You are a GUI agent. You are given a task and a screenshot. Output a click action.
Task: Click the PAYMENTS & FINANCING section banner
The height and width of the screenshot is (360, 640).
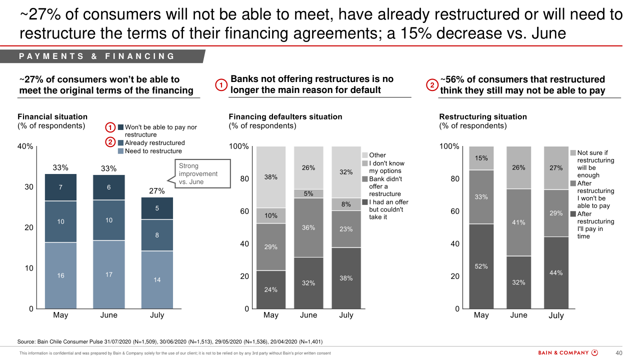pyautogui.click(x=97, y=56)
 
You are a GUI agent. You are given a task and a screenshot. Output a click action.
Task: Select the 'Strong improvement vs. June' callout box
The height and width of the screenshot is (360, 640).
pyautogui.click(x=202, y=173)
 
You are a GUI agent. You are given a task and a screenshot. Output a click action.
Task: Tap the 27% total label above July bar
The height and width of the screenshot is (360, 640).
pyautogui.click(x=157, y=191)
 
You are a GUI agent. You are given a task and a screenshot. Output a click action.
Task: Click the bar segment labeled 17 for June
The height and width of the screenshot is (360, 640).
pyautogui.click(x=108, y=274)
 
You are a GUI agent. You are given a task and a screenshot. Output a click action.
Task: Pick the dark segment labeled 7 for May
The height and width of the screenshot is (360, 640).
pyautogui.click(x=60, y=187)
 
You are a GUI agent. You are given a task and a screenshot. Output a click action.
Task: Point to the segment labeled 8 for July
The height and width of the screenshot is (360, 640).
pyautogui.click(x=157, y=235)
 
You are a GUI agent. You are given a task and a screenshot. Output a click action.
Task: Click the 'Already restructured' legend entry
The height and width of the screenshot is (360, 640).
pyautogui.click(x=154, y=143)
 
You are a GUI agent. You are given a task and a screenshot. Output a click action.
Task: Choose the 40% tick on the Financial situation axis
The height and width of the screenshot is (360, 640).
pyautogui.click(x=25, y=146)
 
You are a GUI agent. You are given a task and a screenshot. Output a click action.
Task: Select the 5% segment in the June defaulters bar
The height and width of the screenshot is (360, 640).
pyautogui.click(x=308, y=193)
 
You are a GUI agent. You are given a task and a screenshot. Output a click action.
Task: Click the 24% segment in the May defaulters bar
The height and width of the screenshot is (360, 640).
pyautogui.click(x=271, y=289)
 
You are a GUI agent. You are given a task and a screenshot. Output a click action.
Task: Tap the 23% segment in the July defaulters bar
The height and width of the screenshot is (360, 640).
pyautogui.click(x=346, y=229)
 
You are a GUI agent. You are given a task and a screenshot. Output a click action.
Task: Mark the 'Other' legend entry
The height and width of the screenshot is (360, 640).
pyautogui.click(x=377, y=155)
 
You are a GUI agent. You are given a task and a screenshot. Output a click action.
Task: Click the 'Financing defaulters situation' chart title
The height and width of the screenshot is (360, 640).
pyautogui.click(x=285, y=116)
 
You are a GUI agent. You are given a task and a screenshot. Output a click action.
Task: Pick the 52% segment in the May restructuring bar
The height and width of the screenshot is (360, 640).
pyautogui.click(x=481, y=266)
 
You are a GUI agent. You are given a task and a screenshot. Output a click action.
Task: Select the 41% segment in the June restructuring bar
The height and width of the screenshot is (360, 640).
pyautogui.click(x=518, y=222)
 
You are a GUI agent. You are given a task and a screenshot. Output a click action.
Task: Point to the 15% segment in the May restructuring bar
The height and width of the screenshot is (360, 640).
pyautogui.click(x=481, y=158)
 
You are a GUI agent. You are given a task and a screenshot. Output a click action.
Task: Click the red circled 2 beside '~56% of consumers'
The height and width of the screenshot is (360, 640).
pyautogui.click(x=431, y=85)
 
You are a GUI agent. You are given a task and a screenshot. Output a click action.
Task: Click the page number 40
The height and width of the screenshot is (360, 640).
pyautogui.click(x=618, y=353)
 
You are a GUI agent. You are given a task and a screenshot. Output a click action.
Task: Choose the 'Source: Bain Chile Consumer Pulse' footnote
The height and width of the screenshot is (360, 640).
pyautogui.click(x=170, y=342)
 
